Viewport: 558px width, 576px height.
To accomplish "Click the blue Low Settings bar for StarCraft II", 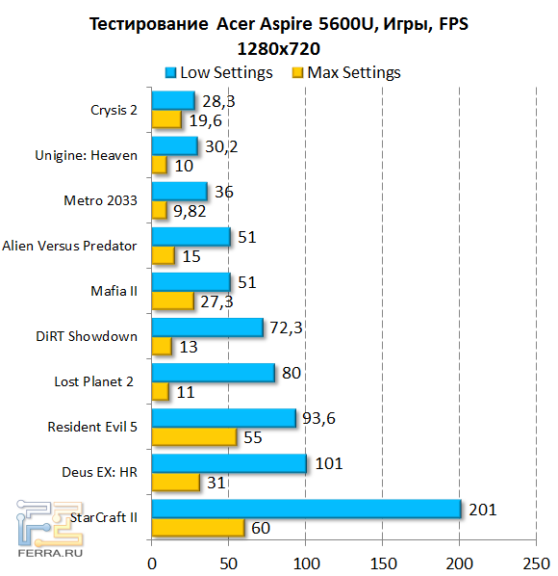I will pyautogui.click(x=306, y=510).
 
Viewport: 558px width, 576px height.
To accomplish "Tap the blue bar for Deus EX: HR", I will pyautogui.click(x=229, y=463).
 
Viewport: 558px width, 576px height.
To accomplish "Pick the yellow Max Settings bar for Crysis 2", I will pyautogui.click(x=166, y=118).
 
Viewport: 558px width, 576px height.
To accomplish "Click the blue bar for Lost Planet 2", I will pyautogui.click(x=213, y=373).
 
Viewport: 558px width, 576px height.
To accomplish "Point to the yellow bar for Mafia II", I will pyautogui.click(x=172, y=300).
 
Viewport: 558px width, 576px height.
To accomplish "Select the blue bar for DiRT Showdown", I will pyautogui.click(x=207, y=327).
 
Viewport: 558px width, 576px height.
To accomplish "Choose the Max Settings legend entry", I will pyautogui.click(x=345, y=72).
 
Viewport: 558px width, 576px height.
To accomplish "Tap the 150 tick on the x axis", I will pyautogui.click(x=383, y=560).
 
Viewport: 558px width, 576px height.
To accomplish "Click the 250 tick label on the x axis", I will pyautogui.click(x=538, y=560).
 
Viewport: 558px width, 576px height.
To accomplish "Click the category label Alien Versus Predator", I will pyautogui.click(x=70, y=246).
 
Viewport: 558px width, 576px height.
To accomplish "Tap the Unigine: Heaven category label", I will pyautogui.click(x=87, y=155).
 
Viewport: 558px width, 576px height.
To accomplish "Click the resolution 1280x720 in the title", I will pyautogui.click(x=277, y=47).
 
